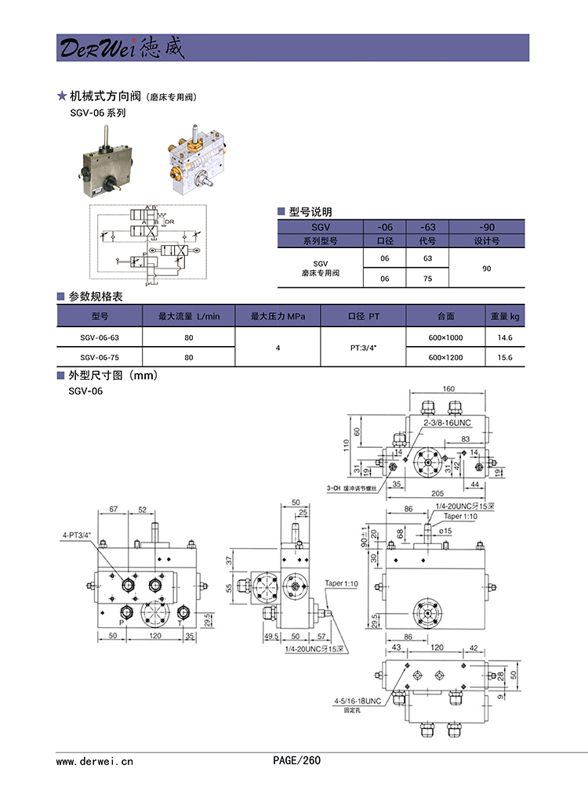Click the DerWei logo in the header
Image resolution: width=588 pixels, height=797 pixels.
click(x=120, y=48)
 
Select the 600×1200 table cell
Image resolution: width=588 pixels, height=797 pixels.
click(x=445, y=358)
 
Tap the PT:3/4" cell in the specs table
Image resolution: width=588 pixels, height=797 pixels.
click(x=364, y=348)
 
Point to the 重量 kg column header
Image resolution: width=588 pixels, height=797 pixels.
click(x=504, y=316)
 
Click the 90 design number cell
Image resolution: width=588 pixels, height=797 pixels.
click(x=486, y=268)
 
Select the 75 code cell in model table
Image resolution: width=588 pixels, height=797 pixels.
click(x=427, y=278)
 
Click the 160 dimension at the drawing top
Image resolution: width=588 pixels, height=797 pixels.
click(x=448, y=388)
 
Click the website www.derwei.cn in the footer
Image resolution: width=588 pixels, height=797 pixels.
click(x=96, y=760)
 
